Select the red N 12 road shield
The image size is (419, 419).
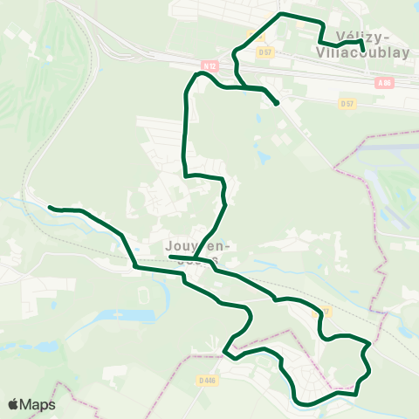point(208,65)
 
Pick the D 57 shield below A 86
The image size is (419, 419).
point(347,103)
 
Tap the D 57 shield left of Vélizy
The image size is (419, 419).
point(265,52)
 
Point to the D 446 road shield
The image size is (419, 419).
point(207,380)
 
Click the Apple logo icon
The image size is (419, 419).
point(14,404)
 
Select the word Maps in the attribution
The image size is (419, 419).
point(38,404)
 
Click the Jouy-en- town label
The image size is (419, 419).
point(192,246)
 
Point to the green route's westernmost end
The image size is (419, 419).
point(50,208)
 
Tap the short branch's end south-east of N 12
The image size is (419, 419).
point(277,104)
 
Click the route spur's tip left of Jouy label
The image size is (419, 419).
point(169,257)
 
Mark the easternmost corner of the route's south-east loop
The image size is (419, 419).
point(370,345)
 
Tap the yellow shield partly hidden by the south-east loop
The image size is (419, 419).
point(324,312)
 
